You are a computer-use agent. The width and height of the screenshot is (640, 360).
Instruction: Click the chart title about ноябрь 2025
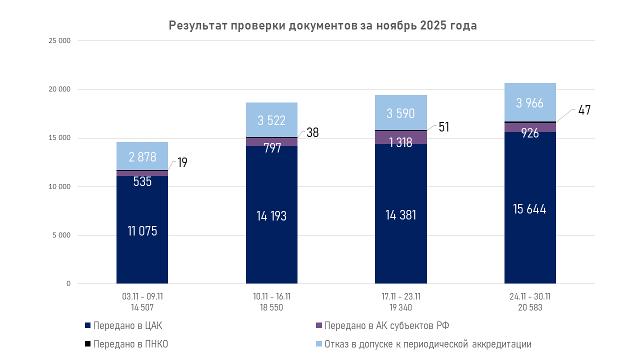(x=322, y=26)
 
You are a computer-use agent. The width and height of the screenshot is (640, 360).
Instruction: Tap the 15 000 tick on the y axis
(x=59, y=138)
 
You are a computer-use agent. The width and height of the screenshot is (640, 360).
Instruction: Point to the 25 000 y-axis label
(x=59, y=41)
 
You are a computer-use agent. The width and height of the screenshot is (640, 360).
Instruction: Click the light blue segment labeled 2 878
(x=142, y=156)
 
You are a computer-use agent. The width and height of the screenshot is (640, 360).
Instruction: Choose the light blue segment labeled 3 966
(x=530, y=102)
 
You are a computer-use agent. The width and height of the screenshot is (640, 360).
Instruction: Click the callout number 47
(x=584, y=110)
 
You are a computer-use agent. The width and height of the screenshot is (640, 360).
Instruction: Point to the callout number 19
(x=182, y=163)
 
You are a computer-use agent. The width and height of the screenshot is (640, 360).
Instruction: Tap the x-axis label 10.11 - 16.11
(x=271, y=296)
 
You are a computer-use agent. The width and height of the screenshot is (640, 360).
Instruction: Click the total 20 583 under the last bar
(x=530, y=307)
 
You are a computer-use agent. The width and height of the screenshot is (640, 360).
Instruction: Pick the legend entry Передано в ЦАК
(x=127, y=326)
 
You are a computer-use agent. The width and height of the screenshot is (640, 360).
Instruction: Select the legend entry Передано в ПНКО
(x=130, y=344)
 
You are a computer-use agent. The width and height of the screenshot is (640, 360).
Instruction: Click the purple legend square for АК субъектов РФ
(x=319, y=325)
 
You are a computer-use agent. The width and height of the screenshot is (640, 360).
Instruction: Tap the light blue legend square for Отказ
(x=319, y=344)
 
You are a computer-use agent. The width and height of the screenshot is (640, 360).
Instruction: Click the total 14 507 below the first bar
(x=142, y=307)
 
